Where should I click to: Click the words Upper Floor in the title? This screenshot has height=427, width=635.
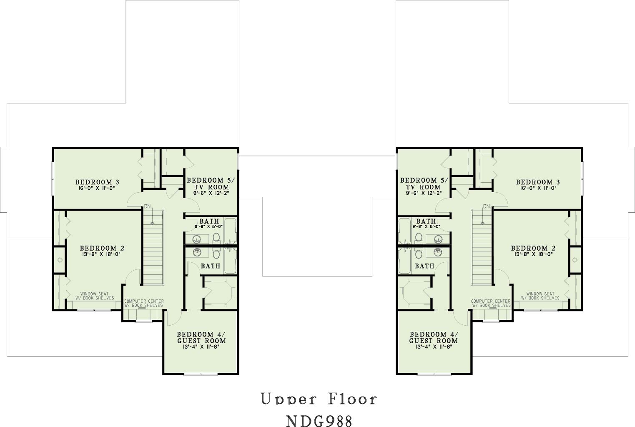pos(319,399)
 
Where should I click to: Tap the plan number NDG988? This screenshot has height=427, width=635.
pos(319,421)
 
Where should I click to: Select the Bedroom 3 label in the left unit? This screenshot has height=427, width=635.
pos(97,182)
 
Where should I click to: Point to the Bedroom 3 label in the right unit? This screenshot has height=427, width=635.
pos(538,182)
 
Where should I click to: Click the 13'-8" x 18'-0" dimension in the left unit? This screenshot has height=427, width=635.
pos(102,254)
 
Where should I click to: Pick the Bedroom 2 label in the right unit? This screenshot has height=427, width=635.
pos(533,248)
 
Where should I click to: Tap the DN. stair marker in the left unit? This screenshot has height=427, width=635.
pos(148,206)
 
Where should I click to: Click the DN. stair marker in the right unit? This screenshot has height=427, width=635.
pos(487,206)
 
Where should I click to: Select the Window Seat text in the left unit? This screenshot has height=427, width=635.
pos(94,294)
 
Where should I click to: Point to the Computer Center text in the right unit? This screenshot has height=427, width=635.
pos(491,301)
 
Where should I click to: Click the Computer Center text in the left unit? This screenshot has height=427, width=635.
pos(144,301)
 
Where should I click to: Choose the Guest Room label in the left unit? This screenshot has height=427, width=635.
pos(201,341)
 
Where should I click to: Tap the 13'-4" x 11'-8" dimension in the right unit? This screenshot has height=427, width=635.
pos(434,347)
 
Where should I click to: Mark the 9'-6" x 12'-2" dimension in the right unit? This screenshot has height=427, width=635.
pos(424,193)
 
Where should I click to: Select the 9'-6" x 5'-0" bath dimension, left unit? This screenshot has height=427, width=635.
pos(208,226)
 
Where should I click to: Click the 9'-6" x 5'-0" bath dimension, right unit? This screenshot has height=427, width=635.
pos(426,226)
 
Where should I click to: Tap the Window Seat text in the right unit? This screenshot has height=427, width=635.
pos(540,294)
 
